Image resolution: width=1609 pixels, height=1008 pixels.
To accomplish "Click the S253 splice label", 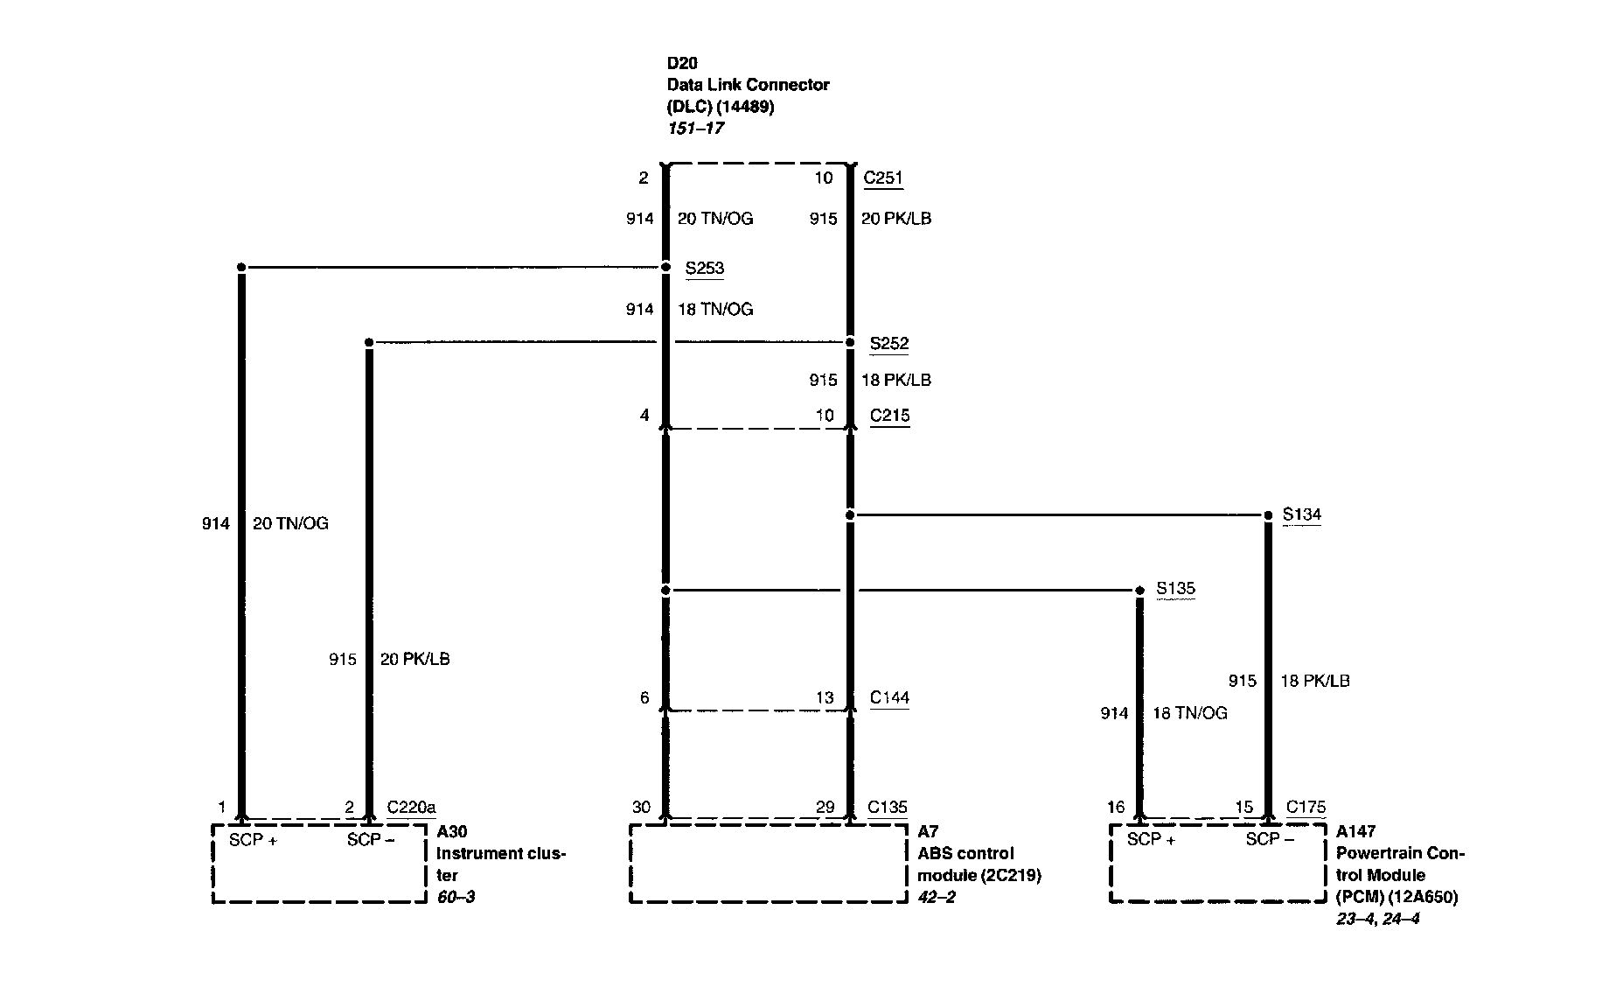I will coord(704,269).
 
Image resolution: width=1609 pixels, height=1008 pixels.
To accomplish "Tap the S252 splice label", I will coord(888,344).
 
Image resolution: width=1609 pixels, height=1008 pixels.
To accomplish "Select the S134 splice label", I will coord(1301,514).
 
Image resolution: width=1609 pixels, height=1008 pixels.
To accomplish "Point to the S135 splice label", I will coord(1175,589).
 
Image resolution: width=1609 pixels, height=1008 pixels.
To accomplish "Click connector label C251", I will coord(882,178).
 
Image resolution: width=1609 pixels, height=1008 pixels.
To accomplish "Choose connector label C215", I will coord(889,416).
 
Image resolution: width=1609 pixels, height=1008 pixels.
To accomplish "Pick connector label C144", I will coord(889,697).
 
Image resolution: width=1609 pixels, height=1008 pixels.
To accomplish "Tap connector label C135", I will coord(888,807).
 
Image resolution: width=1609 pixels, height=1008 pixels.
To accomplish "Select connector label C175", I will coord(1306,807).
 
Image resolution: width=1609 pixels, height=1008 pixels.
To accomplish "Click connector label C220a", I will coord(411,807).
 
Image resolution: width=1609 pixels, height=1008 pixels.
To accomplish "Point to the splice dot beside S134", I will coord(1269,515).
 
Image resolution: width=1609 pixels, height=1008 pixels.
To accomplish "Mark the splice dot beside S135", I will coord(1139,591).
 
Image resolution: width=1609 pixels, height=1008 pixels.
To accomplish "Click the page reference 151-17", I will coord(695,128).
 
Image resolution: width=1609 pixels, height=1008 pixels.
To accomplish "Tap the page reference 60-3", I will coord(456,897).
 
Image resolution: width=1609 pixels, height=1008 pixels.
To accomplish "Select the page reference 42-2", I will coord(937,897).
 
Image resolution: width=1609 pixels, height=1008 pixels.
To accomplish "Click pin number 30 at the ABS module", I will coord(641,807).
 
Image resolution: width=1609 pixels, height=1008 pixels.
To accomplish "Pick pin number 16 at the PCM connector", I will coord(1116,807).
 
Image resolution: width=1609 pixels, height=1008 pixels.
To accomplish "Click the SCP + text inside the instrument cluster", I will coord(253,840).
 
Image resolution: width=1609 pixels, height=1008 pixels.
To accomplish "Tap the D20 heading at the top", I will coord(682,63).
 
